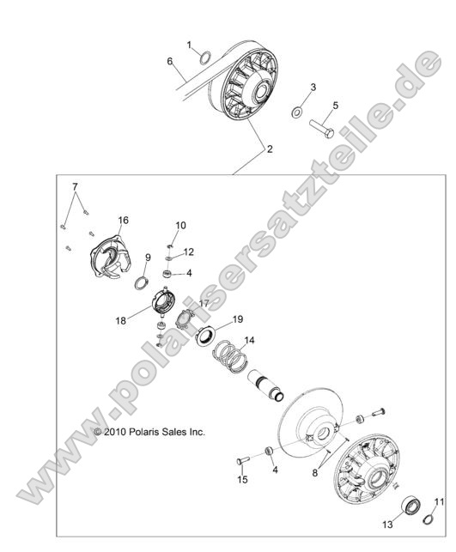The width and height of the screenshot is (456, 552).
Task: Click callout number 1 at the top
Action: coord(190,43)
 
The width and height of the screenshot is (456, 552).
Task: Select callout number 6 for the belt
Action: coord(169,61)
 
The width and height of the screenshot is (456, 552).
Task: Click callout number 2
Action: coord(270,149)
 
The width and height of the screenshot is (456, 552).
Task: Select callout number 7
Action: coord(75,186)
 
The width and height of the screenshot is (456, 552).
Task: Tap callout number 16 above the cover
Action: coord(124,221)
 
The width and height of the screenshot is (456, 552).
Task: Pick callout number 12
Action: coord(189,252)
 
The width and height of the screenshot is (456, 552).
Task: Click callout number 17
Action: coord(204,303)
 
